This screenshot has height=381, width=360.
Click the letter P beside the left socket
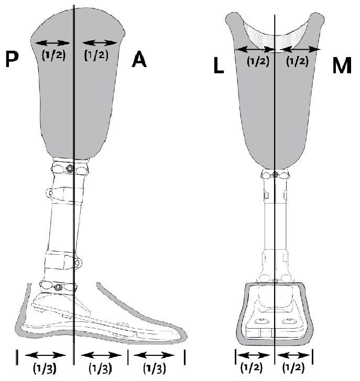[12, 59]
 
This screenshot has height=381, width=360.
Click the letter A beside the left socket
[139, 60]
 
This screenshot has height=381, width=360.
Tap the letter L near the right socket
[219, 65]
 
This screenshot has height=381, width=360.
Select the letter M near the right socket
[342, 65]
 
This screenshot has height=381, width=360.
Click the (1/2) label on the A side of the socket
[96, 55]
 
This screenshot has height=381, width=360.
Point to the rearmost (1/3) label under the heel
[45, 368]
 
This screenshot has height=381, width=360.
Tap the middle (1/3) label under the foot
[100, 368]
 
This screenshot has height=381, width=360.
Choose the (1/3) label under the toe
[154, 368]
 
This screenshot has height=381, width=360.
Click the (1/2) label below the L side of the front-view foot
[252, 367]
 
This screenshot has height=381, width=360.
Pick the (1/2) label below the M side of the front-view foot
[293, 367]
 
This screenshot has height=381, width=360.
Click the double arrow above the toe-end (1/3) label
[154, 355]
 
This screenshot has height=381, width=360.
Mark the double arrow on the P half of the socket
[52, 43]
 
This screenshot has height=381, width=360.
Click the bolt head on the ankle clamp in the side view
[58, 287]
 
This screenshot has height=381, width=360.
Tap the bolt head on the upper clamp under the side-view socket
[70, 168]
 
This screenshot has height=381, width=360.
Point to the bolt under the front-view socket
[275, 174]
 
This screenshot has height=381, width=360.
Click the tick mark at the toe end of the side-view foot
[184, 357]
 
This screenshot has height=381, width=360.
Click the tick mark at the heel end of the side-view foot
[17, 357]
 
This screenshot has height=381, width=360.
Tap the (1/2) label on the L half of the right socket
[258, 61]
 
